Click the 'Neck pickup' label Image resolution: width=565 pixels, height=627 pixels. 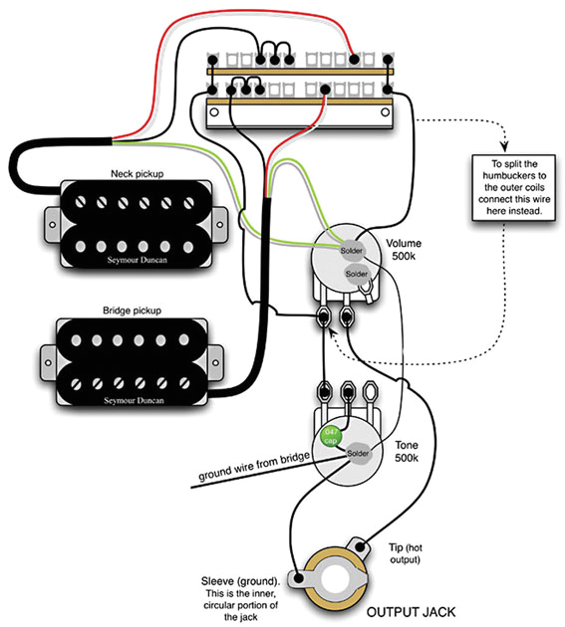[137, 173]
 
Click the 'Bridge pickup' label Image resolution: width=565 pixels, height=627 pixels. [137, 312]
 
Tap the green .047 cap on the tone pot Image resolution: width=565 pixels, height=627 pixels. [329, 435]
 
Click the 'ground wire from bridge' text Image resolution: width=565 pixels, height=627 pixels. [247, 465]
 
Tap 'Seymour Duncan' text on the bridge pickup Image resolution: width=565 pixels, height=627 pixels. [137, 397]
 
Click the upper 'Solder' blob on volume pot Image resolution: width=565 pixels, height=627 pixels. [350, 249]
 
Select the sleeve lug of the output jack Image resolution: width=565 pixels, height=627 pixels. [296, 577]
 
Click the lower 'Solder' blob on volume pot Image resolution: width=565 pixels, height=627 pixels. [356, 272]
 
